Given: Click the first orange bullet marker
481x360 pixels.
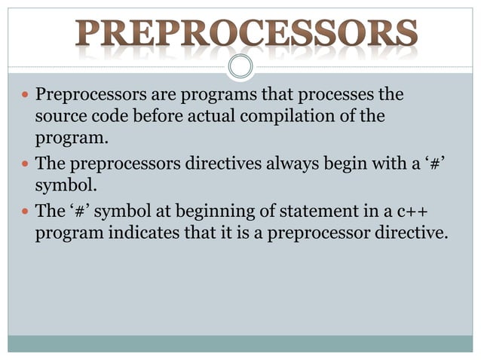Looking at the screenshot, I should (x=25, y=97).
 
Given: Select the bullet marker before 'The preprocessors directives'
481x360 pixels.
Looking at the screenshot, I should (x=25, y=165).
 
